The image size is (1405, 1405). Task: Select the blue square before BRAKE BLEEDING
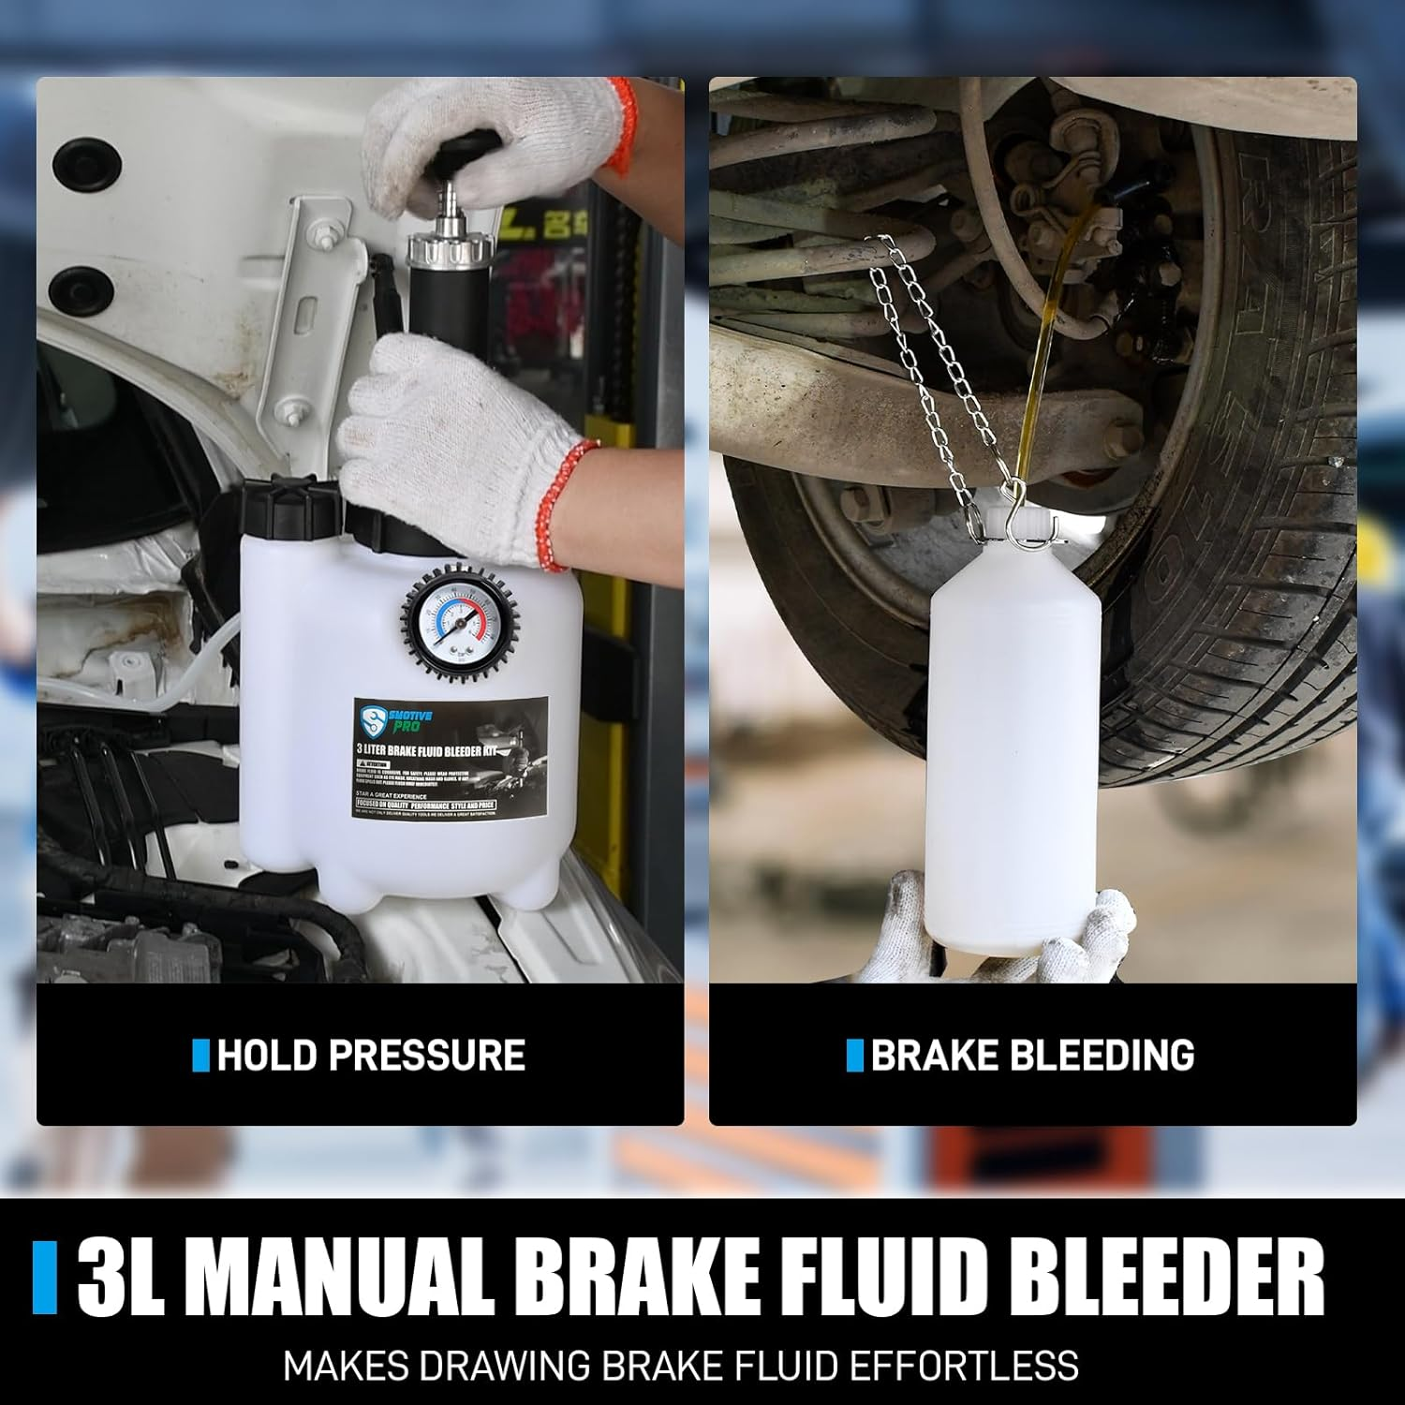[x=853, y=1056]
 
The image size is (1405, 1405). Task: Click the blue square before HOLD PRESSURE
[x=200, y=1056]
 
